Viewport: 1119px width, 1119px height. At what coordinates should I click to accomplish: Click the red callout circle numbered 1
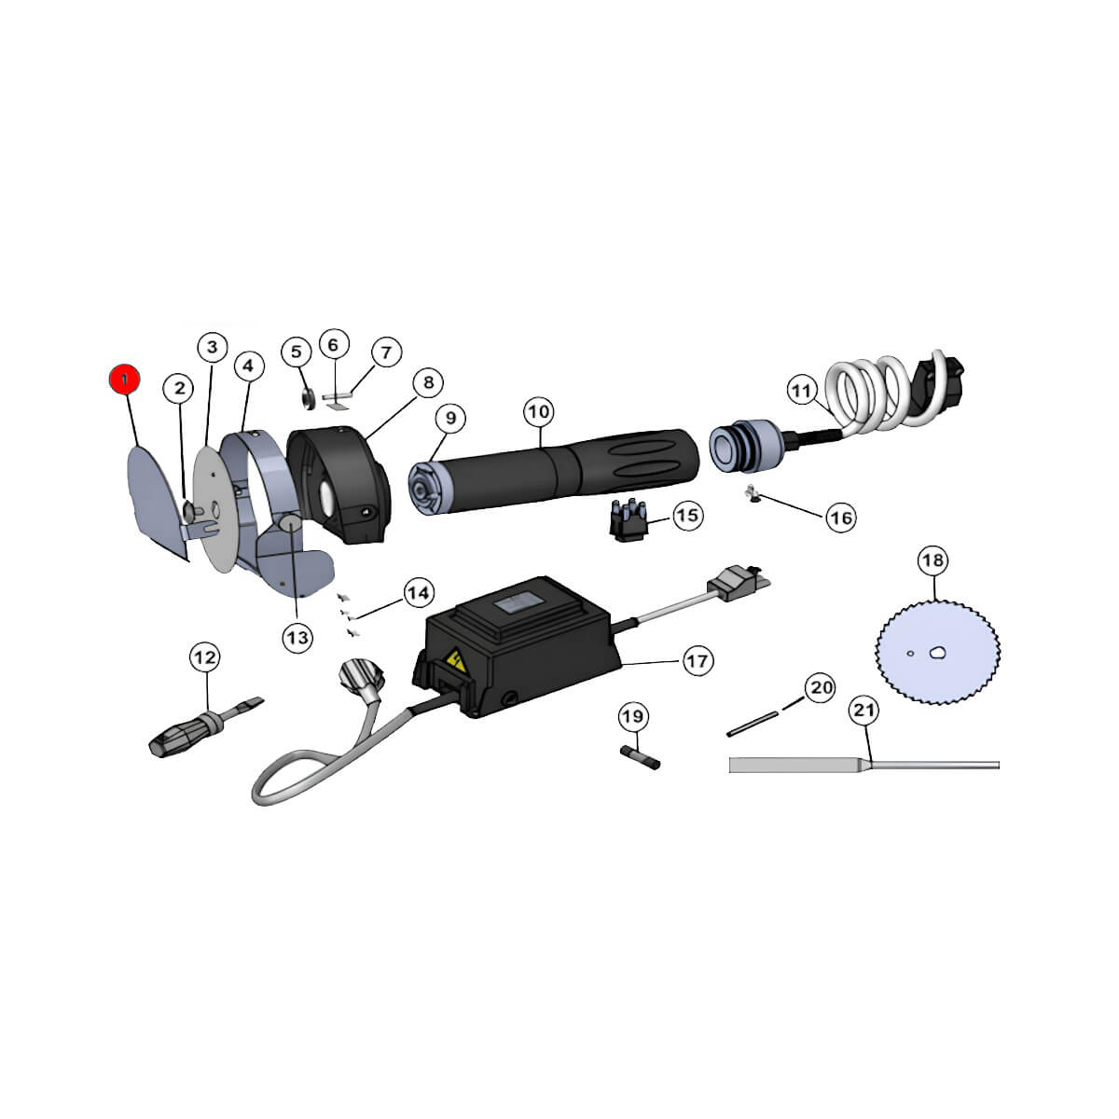(x=125, y=380)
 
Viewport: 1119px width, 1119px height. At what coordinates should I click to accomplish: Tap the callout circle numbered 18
(x=933, y=560)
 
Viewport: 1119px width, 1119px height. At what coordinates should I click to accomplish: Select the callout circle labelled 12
(x=205, y=657)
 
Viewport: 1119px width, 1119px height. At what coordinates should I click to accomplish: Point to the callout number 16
(x=841, y=517)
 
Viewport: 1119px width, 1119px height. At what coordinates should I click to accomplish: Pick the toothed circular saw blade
(x=937, y=653)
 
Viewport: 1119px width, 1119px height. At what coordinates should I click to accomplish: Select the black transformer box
(x=517, y=647)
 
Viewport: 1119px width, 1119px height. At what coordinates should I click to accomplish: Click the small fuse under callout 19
(x=640, y=758)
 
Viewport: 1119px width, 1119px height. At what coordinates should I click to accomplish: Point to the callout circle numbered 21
(x=864, y=711)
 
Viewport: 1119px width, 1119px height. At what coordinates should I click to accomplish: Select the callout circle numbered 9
(x=450, y=418)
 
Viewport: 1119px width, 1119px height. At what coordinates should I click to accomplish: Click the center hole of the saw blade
(x=937, y=654)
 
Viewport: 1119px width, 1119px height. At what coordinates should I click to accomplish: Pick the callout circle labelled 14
(x=418, y=593)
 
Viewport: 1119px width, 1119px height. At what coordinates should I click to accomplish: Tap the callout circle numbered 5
(x=297, y=352)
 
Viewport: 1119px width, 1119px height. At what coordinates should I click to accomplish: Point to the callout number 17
(x=698, y=661)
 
